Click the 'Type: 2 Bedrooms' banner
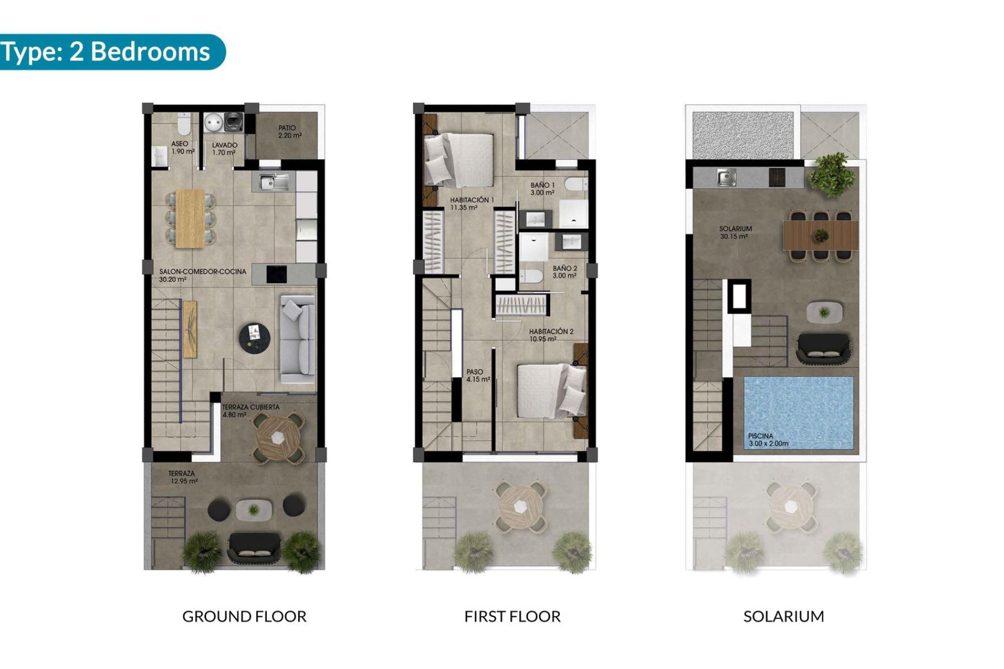click(107, 52)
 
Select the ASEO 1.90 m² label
click(182, 147)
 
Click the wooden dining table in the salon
click(190, 218)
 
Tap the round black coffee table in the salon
click(255, 337)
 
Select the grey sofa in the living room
click(299, 340)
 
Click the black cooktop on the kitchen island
click(277, 274)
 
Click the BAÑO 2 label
click(565, 272)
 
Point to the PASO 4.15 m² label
click(478, 375)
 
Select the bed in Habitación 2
click(550, 391)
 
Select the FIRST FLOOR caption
click(512, 617)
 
